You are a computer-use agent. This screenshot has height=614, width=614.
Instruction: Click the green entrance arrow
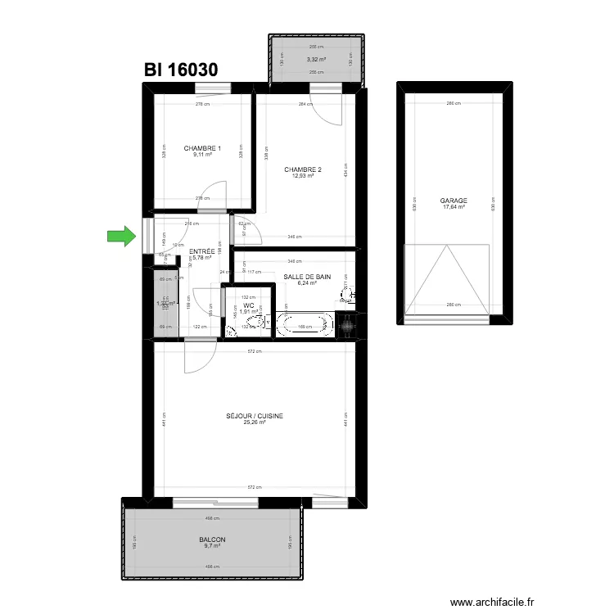click(121, 237)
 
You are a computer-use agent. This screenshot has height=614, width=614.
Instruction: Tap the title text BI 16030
click(181, 70)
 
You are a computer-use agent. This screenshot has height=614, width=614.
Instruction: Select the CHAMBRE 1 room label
click(202, 148)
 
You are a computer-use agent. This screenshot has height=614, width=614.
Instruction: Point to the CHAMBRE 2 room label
click(303, 169)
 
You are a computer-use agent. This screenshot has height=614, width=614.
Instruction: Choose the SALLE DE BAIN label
click(307, 277)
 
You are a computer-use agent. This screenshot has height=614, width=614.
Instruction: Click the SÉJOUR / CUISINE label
click(255, 416)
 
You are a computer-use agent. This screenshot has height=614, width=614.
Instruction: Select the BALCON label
click(211, 540)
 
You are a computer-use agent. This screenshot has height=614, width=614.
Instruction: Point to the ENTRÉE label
click(201, 251)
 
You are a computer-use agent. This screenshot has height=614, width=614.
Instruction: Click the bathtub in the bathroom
click(306, 325)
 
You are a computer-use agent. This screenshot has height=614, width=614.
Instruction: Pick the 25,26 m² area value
click(255, 423)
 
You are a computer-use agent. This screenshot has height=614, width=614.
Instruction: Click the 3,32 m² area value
click(316, 60)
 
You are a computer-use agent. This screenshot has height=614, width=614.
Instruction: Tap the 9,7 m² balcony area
click(211, 547)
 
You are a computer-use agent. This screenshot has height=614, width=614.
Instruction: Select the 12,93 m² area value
click(303, 176)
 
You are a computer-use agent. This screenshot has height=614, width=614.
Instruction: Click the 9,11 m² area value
click(202, 155)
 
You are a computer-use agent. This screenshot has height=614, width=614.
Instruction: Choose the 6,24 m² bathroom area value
click(307, 284)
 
